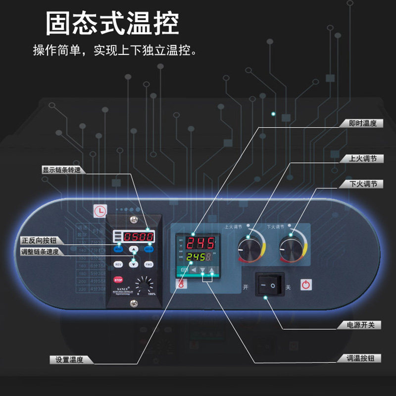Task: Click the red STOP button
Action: [x=118, y=280]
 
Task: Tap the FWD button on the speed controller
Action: [x=148, y=264]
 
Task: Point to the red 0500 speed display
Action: [x=138, y=237]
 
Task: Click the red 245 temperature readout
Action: [x=200, y=243]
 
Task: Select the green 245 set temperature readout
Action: [x=198, y=257]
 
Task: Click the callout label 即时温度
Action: [x=362, y=123]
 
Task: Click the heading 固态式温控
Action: [x=112, y=23]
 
